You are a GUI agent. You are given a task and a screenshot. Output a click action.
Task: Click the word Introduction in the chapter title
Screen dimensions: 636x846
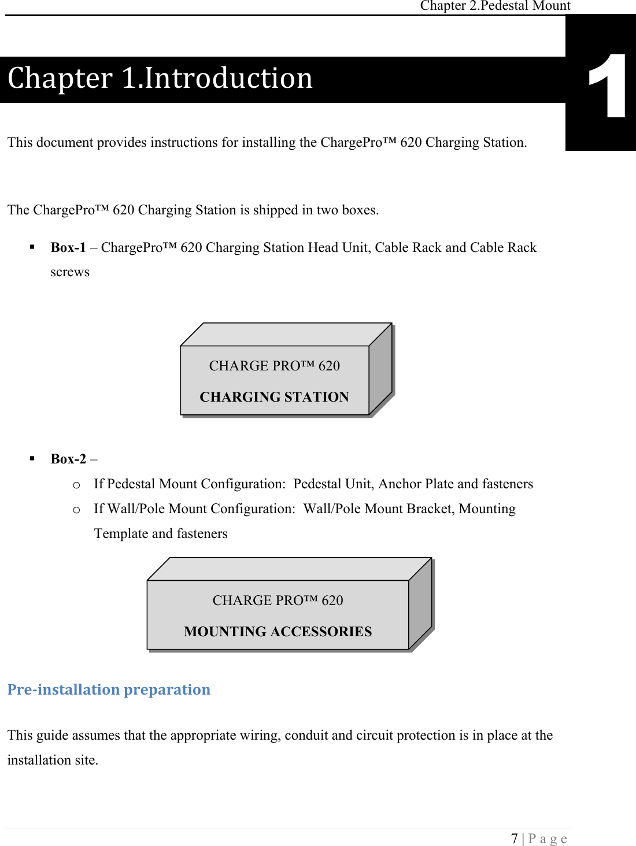(228, 79)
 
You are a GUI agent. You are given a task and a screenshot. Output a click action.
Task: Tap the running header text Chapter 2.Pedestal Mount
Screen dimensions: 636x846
(495, 6)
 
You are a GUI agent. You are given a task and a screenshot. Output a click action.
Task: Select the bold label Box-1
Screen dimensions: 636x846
(68, 248)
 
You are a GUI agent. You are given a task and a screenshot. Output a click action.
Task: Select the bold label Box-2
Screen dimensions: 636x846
(68, 459)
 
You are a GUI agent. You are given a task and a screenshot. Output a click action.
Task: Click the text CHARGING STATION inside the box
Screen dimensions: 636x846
(274, 397)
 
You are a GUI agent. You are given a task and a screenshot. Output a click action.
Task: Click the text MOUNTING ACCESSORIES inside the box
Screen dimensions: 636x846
(278, 632)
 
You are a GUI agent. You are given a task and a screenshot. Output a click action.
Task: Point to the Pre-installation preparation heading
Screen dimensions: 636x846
(109, 690)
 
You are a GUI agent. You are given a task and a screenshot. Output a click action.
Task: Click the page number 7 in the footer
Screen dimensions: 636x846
(514, 838)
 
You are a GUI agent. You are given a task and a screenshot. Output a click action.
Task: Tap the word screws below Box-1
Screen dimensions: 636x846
(70, 272)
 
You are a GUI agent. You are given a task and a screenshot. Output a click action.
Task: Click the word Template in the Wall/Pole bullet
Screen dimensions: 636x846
(121, 534)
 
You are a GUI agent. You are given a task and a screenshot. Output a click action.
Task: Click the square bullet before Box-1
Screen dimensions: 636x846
(32, 247)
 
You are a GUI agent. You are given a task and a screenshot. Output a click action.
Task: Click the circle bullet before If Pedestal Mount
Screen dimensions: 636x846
(76, 485)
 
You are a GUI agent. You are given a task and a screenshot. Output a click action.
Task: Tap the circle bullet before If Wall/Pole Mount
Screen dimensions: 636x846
(76, 510)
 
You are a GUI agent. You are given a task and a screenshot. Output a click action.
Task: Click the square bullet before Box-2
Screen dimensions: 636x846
(32, 459)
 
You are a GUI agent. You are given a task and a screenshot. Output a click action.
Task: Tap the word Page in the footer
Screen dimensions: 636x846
(548, 838)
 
